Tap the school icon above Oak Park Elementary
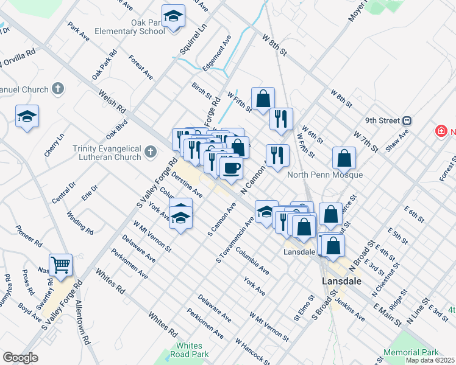point(173,17)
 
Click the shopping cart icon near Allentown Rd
point(60,265)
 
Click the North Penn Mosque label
point(325,175)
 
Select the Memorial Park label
point(411,352)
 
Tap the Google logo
point(20,358)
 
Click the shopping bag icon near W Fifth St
point(263,99)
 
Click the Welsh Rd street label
point(112,102)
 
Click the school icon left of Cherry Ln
point(27,116)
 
